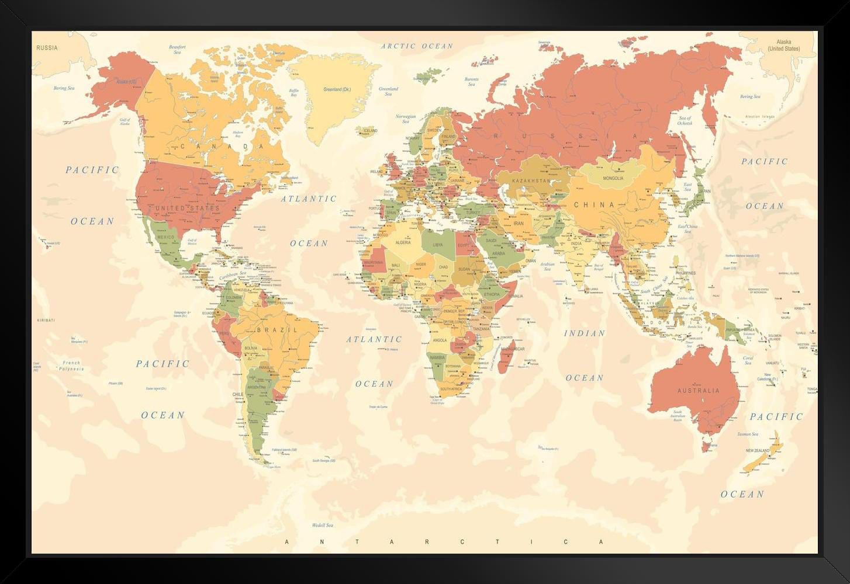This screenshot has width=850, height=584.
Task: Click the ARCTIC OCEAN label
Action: (x=417, y=46)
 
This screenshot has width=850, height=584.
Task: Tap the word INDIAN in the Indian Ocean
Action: (x=584, y=333)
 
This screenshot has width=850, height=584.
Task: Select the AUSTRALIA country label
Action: (x=698, y=390)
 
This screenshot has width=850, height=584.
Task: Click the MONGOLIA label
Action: (x=613, y=178)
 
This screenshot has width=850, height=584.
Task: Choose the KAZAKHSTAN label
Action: (x=531, y=181)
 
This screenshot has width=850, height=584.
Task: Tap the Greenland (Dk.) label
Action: (x=337, y=89)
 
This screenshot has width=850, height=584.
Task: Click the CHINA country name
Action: (x=594, y=205)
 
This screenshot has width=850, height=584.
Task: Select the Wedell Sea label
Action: (x=322, y=525)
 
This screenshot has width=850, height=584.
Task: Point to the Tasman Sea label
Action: (x=747, y=434)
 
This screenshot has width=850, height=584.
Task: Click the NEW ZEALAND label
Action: (x=758, y=451)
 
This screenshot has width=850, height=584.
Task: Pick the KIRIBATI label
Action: (x=46, y=320)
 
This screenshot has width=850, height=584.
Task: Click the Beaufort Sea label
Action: (x=177, y=50)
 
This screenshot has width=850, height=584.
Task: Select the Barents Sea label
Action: (x=471, y=82)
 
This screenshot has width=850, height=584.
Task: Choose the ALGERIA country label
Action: (x=403, y=242)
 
